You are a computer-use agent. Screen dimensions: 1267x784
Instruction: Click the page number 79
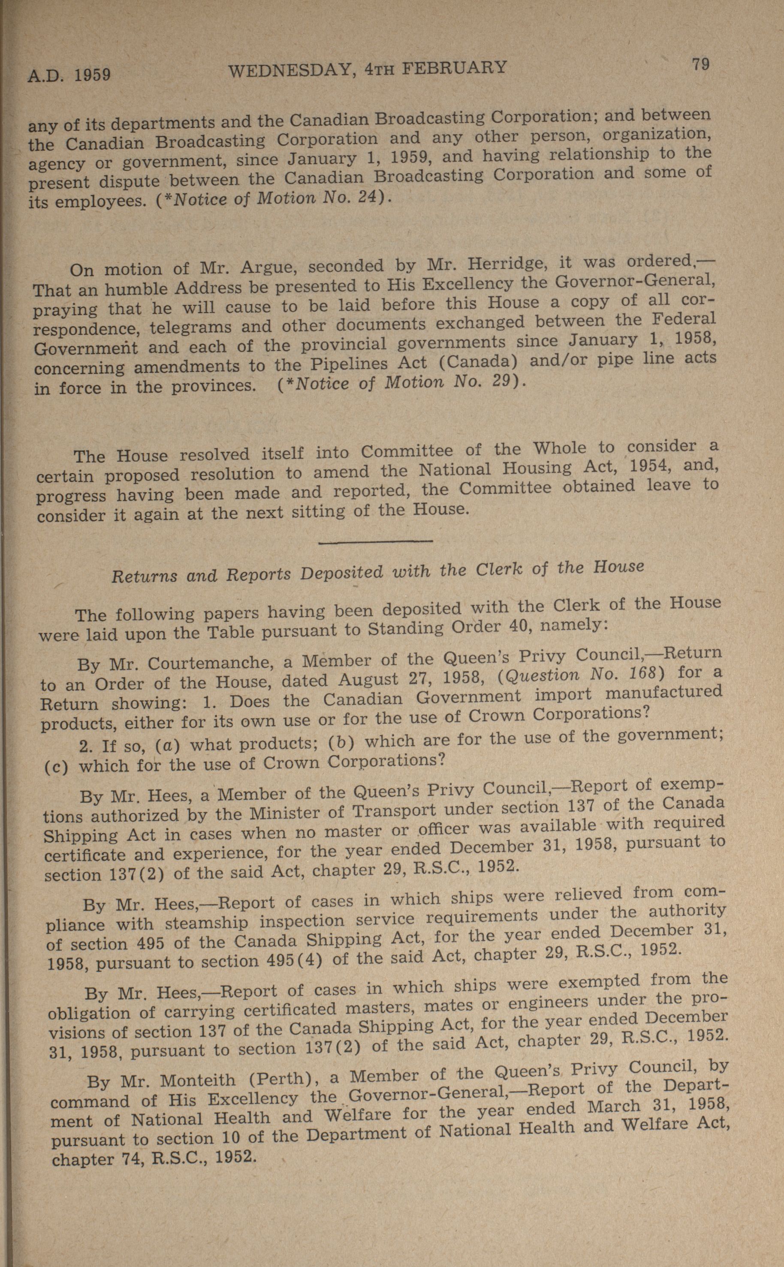[700, 64]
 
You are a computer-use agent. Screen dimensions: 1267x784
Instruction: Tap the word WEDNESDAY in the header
[291, 70]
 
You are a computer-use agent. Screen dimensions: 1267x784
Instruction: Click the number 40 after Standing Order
[516, 627]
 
